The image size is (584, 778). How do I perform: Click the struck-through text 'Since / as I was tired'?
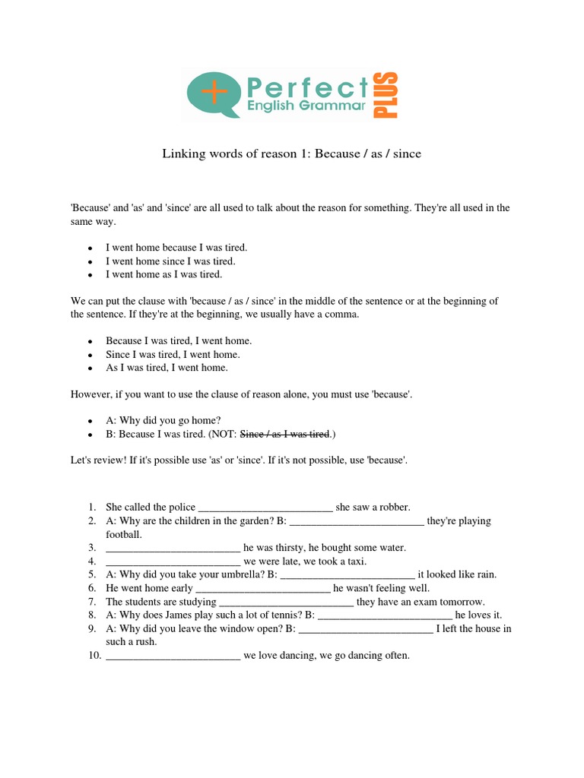coord(284,435)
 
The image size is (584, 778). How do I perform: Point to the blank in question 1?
coord(265,508)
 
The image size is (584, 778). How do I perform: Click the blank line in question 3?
coord(173,548)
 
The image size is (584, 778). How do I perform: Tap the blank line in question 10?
coord(173,656)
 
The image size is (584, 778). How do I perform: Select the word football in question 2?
coord(124,534)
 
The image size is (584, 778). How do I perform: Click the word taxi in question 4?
coord(356,561)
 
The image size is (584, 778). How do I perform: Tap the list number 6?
coord(91,588)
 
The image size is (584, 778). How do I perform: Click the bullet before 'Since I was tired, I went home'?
coord(90,355)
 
